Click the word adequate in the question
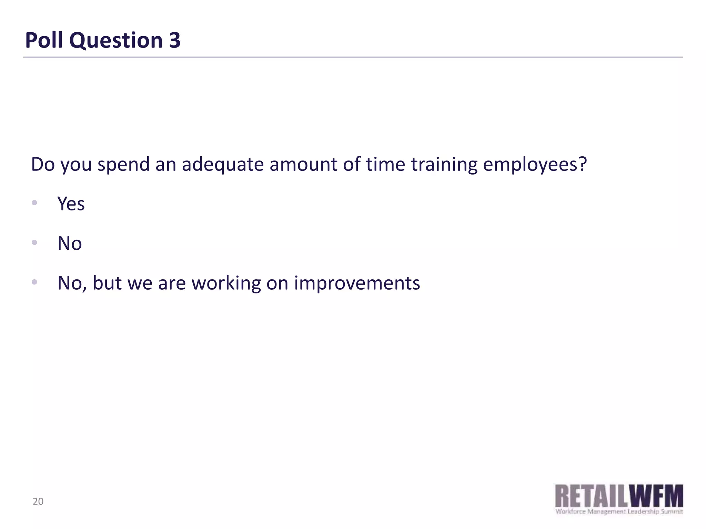click(x=223, y=165)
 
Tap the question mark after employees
click(x=582, y=164)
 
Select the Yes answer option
click(x=71, y=204)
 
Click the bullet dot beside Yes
click(x=34, y=203)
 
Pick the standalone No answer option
click(x=70, y=243)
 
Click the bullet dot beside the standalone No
click(x=34, y=242)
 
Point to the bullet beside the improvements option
click(x=34, y=282)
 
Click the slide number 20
click(x=38, y=501)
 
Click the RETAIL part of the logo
click(x=591, y=496)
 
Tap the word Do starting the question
click(x=43, y=165)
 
